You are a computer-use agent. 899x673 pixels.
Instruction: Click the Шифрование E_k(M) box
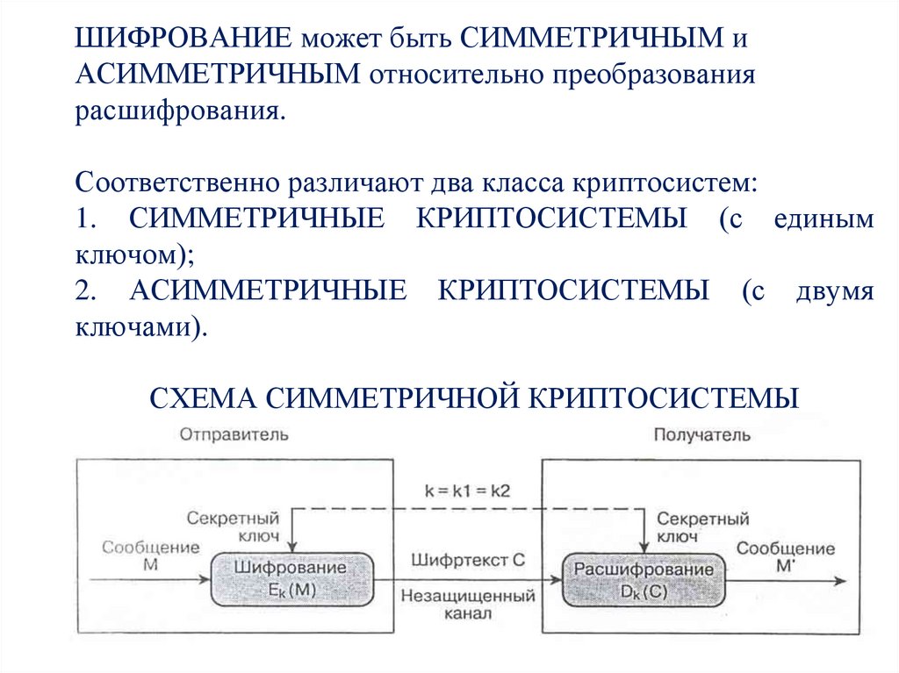tap(290, 579)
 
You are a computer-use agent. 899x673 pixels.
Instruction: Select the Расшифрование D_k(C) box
tap(644, 580)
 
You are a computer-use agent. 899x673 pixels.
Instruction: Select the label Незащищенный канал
tap(468, 605)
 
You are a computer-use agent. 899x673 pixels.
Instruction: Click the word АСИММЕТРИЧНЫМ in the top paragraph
tap(217, 75)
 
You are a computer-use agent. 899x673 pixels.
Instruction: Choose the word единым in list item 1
tap(823, 219)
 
